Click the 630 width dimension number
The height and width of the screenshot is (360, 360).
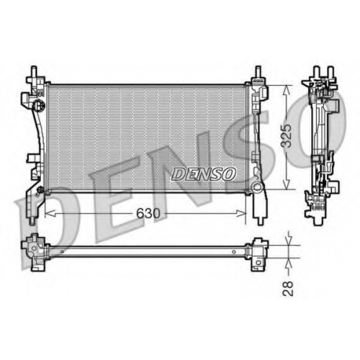click(x=148, y=213)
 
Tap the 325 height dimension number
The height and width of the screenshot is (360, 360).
click(x=287, y=135)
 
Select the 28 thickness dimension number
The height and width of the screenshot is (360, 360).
click(x=288, y=289)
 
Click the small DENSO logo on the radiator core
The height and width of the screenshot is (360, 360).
click(x=203, y=174)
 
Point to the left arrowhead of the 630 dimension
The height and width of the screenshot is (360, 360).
click(x=50, y=213)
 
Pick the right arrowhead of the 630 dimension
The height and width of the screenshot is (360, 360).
click(x=241, y=213)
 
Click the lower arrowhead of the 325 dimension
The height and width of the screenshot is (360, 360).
click(x=287, y=184)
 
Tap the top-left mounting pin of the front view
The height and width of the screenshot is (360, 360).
click(x=34, y=71)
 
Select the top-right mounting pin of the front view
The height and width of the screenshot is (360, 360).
click(x=258, y=71)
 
